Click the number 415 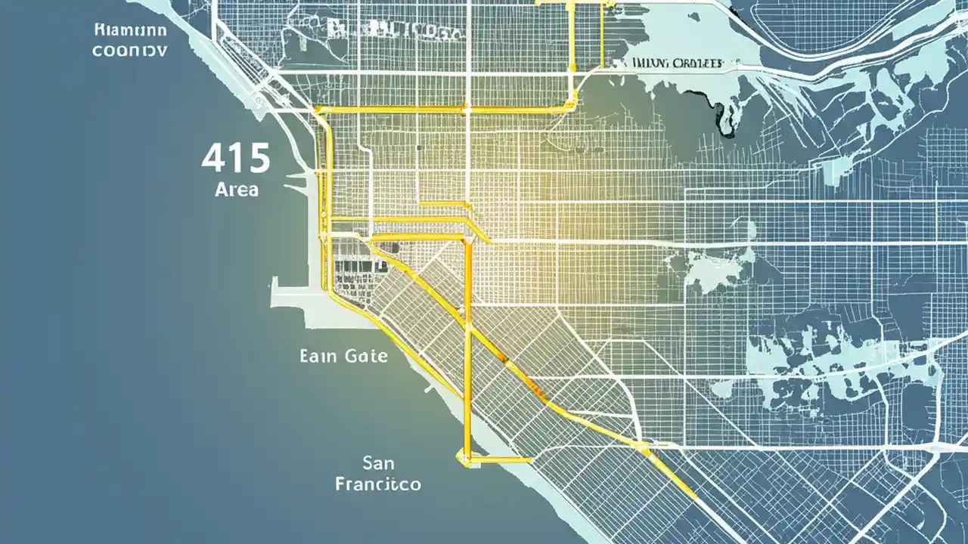coord(236,159)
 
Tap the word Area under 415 coord(236,189)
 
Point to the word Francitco coord(378,484)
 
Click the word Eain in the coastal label coord(318,355)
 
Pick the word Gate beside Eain coord(365,355)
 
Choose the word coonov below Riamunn coord(130,51)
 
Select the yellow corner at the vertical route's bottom coord(463,457)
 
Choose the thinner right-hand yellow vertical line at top coord(601,34)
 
